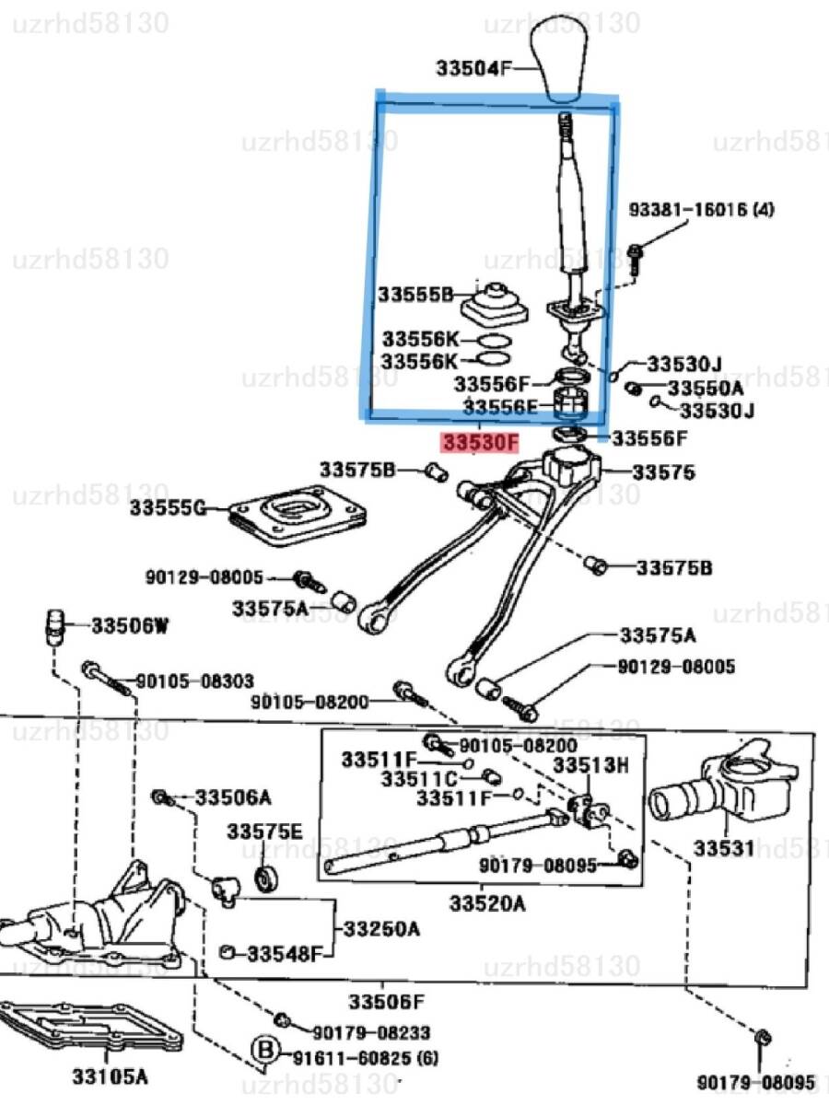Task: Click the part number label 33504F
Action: click(473, 67)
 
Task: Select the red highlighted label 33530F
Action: click(480, 444)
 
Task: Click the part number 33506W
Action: click(130, 627)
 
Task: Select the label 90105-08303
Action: click(194, 680)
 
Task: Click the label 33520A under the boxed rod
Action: click(487, 904)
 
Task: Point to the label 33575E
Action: click(265, 832)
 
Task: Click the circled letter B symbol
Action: click(265, 1050)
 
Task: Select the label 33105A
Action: click(111, 1075)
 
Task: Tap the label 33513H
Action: click(590, 764)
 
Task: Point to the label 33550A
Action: click(706, 389)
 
